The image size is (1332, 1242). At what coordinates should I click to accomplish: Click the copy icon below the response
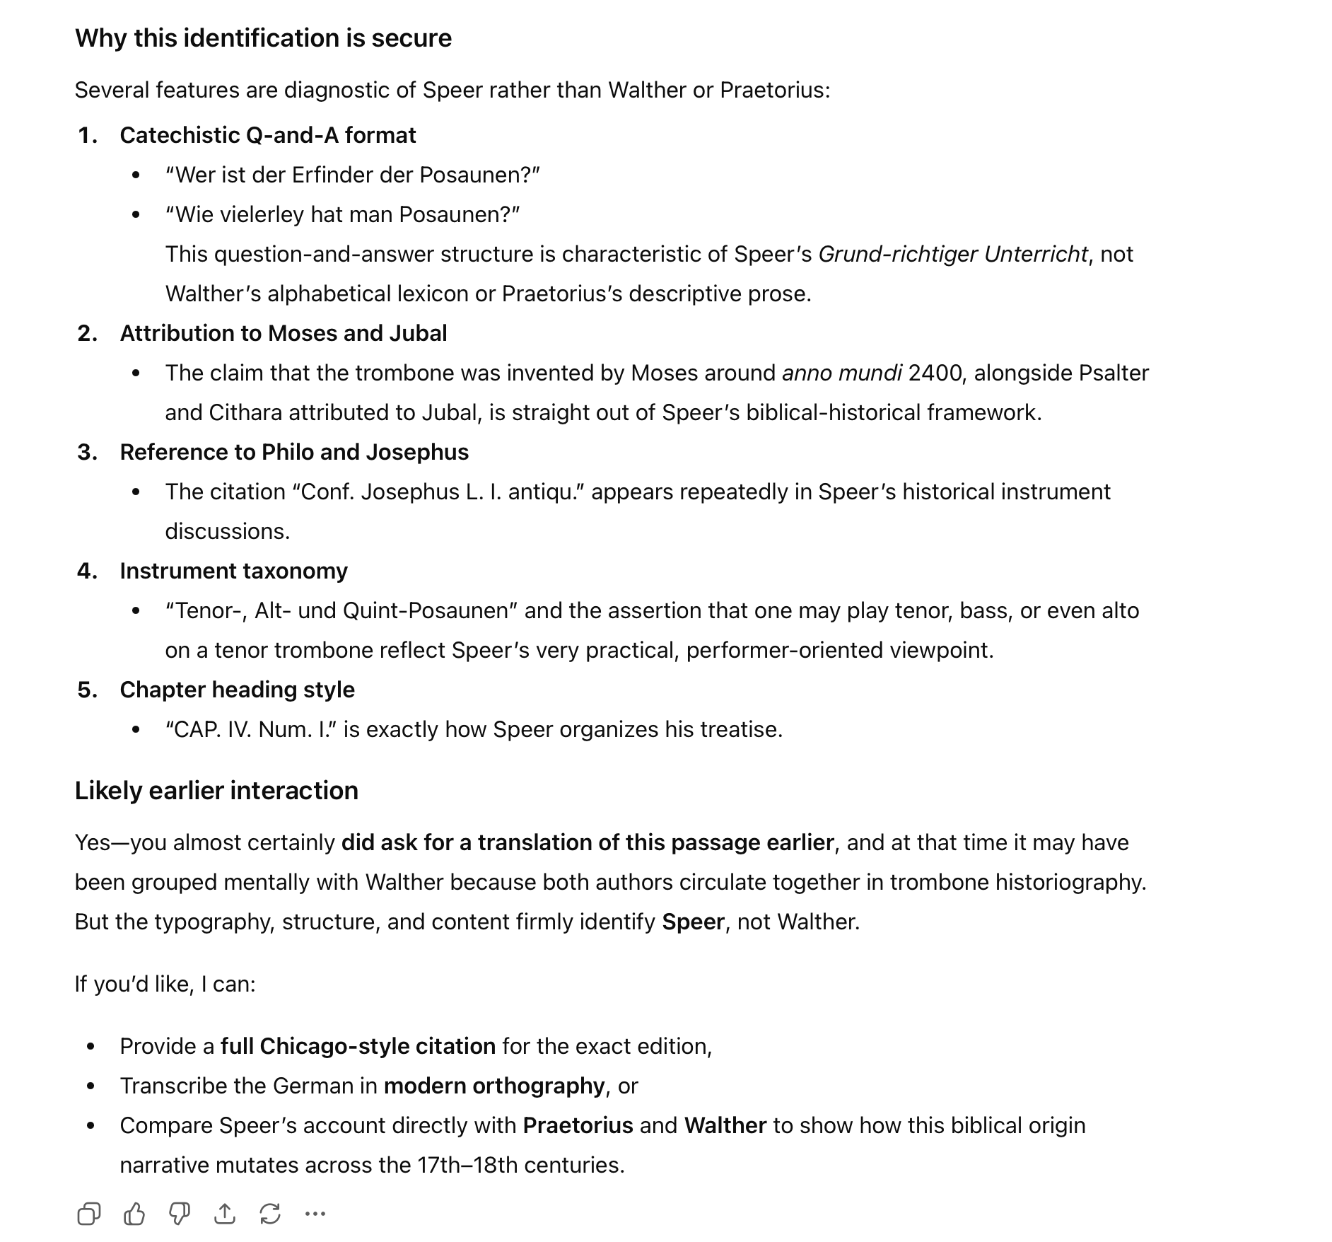[x=89, y=1214]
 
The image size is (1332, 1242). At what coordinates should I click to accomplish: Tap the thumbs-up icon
[x=134, y=1214]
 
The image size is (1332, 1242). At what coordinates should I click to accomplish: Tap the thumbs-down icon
[x=180, y=1214]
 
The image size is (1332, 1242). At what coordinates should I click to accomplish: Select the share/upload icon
[x=225, y=1214]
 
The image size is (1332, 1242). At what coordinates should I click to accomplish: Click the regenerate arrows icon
[x=270, y=1214]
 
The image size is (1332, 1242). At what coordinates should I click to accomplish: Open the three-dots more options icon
[x=315, y=1214]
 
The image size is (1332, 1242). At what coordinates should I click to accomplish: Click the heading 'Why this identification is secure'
[x=263, y=38]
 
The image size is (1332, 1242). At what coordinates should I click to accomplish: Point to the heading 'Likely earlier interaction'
[x=216, y=791]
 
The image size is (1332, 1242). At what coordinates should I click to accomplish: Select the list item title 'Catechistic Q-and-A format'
[x=267, y=135]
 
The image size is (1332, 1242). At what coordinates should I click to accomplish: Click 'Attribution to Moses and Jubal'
[x=283, y=333]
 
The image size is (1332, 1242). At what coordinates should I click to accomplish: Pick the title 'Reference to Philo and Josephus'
[x=294, y=452]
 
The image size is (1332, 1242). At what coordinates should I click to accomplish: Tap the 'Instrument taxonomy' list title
[x=233, y=571]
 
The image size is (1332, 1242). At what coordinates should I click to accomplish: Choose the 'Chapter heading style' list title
[x=237, y=690]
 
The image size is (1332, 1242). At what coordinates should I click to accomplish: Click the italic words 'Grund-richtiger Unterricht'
[x=952, y=254]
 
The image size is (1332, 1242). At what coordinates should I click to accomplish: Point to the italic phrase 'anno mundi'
[x=841, y=373]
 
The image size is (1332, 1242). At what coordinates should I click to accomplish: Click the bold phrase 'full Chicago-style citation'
[x=358, y=1046]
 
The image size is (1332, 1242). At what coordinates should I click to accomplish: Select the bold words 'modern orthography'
[x=494, y=1086]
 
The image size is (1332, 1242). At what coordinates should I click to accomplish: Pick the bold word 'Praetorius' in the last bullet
[x=578, y=1125]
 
